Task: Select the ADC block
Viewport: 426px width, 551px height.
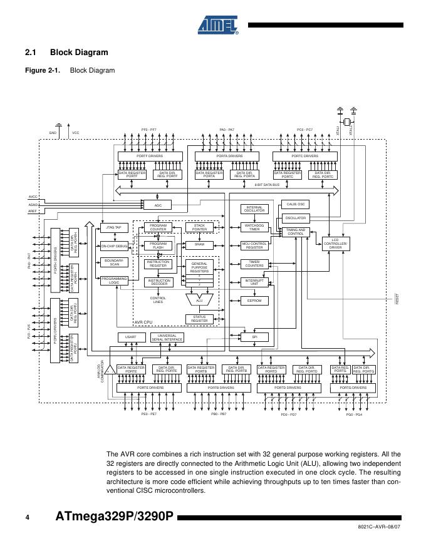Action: [158, 205]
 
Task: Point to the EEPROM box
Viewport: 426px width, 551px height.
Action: [255, 301]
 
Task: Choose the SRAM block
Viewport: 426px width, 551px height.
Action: [199, 245]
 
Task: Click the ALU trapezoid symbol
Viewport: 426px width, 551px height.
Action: [199, 301]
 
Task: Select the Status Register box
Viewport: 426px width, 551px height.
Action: [199, 319]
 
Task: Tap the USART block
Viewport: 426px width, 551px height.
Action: [131, 337]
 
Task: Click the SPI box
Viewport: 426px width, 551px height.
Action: [255, 337]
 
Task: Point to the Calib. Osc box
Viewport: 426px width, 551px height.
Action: [296, 204]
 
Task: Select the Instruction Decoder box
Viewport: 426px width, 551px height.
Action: [158, 282]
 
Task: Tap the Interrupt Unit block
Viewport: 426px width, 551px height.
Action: [255, 282]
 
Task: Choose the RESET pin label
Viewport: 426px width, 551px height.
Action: [397, 299]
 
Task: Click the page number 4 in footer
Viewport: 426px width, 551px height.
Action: [28, 517]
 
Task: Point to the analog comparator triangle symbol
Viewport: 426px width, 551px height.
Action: [110, 369]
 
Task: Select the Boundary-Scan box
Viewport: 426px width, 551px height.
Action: [114, 262]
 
